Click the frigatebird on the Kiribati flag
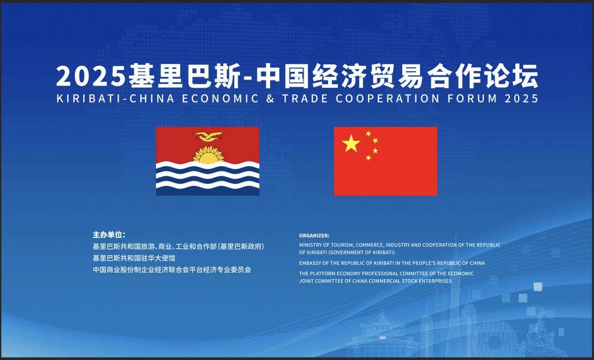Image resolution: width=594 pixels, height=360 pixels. (209, 136)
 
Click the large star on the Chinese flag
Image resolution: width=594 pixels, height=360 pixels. (351, 143)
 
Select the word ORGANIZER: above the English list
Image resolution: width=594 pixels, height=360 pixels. (314, 235)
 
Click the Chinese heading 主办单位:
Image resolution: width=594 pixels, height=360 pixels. (109, 234)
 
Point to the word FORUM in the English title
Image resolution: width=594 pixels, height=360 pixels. (472, 98)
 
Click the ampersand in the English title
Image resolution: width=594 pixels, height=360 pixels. (270, 98)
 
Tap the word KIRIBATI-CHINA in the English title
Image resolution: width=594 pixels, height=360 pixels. (115, 98)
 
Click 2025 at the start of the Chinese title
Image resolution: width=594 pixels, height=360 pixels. (91, 76)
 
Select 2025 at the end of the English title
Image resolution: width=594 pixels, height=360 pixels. (521, 98)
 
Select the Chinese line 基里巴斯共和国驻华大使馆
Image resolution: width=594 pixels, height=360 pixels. (134, 258)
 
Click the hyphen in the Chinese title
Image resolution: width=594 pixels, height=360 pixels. (248, 79)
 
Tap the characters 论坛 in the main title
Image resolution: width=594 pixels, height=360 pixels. (511, 76)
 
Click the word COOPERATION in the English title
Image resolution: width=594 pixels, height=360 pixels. (388, 98)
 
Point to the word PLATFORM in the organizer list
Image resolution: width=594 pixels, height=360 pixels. (322, 274)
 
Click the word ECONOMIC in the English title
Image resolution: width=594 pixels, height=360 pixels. (220, 98)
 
